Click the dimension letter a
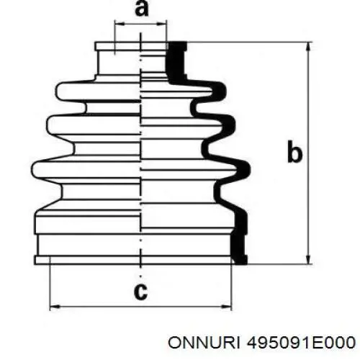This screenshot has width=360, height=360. (x=142, y=9)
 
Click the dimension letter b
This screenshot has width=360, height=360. (x=294, y=152)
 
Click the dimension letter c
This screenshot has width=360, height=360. (x=140, y=292)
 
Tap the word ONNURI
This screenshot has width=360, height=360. (x=204, y=343)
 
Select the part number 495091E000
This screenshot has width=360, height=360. (x=301, y=343)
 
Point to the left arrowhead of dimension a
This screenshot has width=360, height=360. (x=120, y=24)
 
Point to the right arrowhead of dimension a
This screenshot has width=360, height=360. (x=161, y=24)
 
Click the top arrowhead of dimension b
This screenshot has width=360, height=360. (x=308, y=47)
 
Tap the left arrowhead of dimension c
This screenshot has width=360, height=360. (x=55, y=307)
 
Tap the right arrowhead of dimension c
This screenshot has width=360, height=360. (x=227, y=307)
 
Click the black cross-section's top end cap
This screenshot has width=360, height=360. (x=177, y=46)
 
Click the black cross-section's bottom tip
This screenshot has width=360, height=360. (x=240, y=260)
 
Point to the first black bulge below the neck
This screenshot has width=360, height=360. (x=220, y=91)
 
